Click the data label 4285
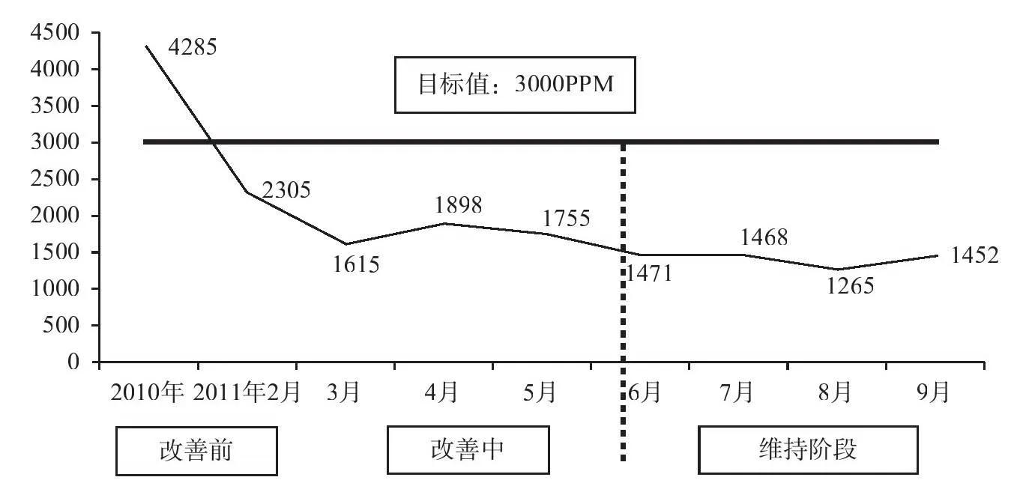(x=193, y=49)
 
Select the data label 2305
(x=286, y=190)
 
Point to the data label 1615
(x=356, y=264)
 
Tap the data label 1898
(x=458, y=204)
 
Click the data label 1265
(x=850, y=286)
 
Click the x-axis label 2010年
(x=147, y=392)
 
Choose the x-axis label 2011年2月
(x=247, y=392)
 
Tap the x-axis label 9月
(x=934, y=392)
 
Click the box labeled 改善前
(x=196, y=451)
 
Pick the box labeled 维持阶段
(x=808, y=451)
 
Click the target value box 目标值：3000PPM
(x=515, y=85)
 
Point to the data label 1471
(x=649, y=273)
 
